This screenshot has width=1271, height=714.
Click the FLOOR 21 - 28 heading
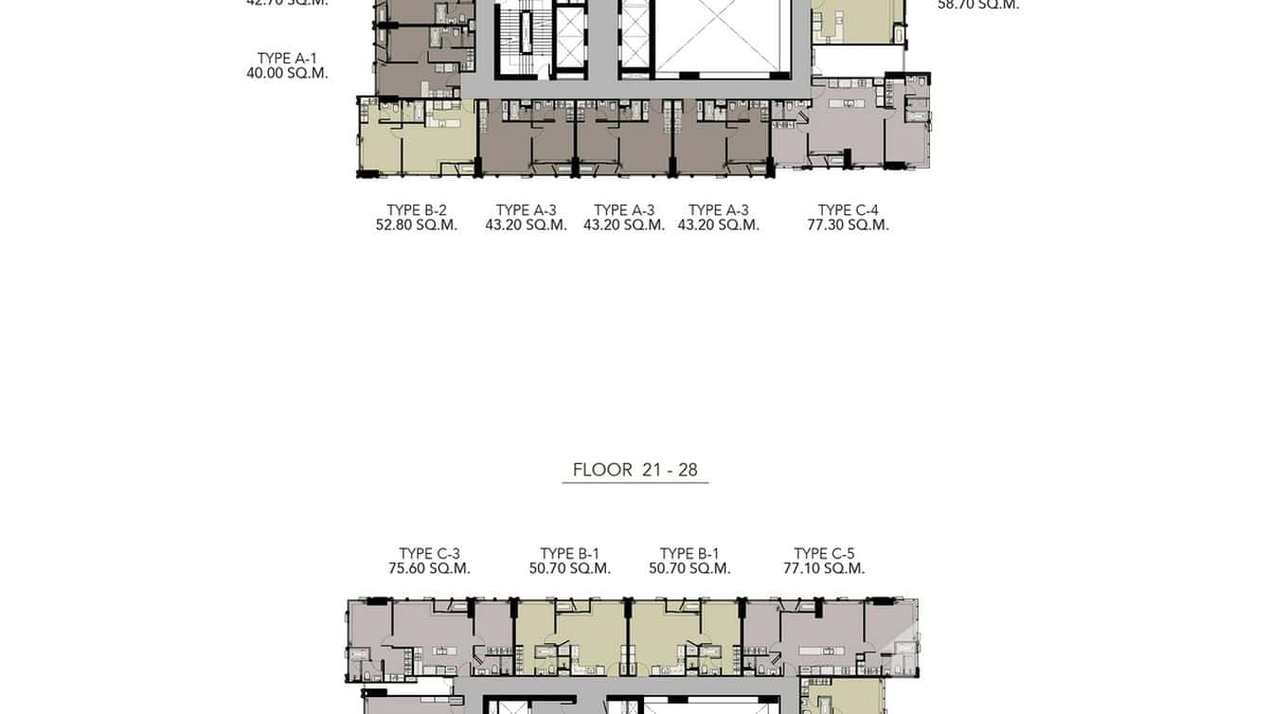pos(635,470)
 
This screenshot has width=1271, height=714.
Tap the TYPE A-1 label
pos(287,59)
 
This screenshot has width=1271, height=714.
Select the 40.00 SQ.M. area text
pos(287,74)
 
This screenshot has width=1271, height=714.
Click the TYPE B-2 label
pos(417,210)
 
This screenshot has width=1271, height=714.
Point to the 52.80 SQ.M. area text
pos(417,225)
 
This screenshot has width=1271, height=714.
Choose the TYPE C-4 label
pos(848,210)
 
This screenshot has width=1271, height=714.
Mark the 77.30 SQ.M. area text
pos(848,225)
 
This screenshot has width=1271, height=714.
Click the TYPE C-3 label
pos(429,554)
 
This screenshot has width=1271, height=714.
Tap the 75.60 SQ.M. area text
pos(429,569)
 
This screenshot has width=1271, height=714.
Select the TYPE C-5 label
pos(824,554)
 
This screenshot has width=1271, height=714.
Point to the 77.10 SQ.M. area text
pos(824,569)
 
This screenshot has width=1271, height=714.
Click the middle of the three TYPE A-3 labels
pos(624,210)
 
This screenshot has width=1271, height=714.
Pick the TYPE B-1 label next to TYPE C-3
pos(569,554)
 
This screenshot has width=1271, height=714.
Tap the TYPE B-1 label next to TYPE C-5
pos(689,554)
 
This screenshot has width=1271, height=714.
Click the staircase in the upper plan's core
pos(515,38)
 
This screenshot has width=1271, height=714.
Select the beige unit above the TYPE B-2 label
pos(417,138)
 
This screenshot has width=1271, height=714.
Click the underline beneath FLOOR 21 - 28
pos(635,483)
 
